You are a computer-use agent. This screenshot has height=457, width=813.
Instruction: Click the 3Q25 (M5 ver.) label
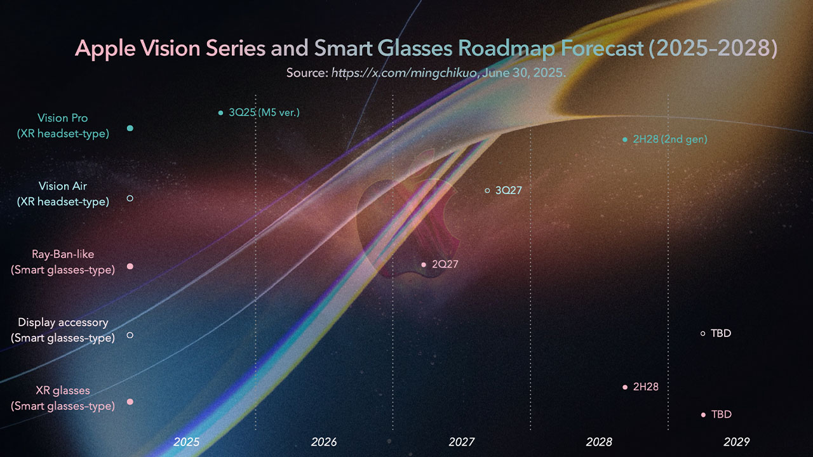pos(264,113)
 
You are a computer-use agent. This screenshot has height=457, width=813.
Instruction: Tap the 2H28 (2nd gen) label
pos(669,139)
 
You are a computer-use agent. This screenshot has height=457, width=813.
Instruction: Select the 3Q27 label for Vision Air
pos(508,190)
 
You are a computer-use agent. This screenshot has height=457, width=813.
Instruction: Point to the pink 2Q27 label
pos(445,265)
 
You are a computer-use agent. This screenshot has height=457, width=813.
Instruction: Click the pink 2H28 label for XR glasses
pos(645,387)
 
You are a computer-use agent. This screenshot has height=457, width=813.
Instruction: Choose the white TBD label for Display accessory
pos(721,333)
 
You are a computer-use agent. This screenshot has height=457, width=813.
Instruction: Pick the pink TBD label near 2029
pos(721,414)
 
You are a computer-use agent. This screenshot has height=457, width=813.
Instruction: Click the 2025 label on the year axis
pos(187,442)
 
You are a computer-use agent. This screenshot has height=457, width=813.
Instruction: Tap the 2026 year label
pos(324,442)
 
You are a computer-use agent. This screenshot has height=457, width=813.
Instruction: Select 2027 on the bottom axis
pos(462,442)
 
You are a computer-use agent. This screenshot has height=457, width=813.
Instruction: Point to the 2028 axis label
pos(599,442)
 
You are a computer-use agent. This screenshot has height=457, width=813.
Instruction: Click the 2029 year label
pos(737,442)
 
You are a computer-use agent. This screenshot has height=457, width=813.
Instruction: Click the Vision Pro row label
pos(63,126)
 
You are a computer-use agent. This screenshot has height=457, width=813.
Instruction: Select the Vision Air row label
pos(63,194)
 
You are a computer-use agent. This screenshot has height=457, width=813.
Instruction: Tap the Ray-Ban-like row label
pos(63,262)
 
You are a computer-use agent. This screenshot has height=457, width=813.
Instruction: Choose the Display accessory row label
pos(63,330)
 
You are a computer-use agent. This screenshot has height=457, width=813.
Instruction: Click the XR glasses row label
pos(63,398)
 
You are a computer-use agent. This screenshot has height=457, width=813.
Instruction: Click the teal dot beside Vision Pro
pos(130,128)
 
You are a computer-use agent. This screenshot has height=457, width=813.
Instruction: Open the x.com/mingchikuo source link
pos(405,73)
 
